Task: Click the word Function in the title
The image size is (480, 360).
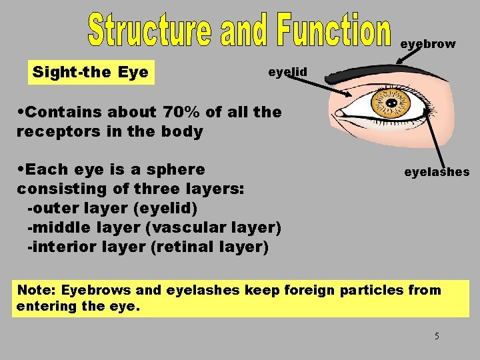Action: (332, 31)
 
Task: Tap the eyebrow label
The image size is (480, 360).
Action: (428, 44)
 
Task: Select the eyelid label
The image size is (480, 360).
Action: (287, 71)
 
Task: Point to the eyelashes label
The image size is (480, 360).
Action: (437, 172)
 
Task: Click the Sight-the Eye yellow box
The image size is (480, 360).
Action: (91, 72)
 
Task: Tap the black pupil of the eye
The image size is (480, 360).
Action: (391, 104)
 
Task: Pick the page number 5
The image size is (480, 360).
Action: (437, 336)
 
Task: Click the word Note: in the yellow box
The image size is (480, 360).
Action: (37, 290)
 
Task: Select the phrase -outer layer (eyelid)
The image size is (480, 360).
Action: (112, 208)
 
